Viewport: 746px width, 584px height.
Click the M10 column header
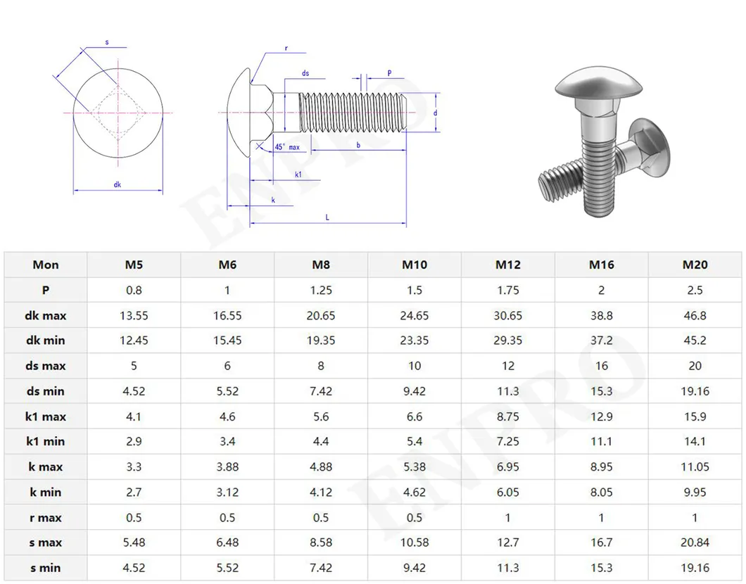(x=415, y=265)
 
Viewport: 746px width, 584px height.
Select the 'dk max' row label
(x=46, y=315)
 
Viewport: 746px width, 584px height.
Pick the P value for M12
(x=507, y=290)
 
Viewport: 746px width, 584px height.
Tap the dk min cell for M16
(x=601, y=341)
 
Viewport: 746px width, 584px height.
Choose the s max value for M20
(x=695, y=542)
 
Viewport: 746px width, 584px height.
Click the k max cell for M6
(x=227, y=466)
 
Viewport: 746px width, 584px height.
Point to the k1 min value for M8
(x=321, y=441)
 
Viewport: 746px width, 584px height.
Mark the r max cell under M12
(x=507, y=517)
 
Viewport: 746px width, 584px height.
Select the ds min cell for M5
(x=134, y=391)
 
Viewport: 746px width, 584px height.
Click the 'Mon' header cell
(x=46, y=265)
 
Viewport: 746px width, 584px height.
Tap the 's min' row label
(x=46, y=568)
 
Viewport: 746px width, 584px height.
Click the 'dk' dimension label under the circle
(x=118, y=185)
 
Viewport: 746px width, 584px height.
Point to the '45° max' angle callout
(x=287, y=147)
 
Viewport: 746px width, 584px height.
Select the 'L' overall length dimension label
(x=327, y=217)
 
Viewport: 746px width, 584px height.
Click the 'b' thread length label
(x=358, y=144)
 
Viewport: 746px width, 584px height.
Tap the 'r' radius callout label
(x=286, y=49)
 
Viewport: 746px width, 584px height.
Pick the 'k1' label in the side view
(x=298, y=174)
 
